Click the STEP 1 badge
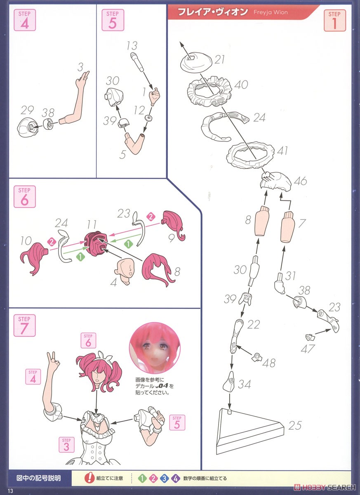(x=334, y=20)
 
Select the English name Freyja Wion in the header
(x=271, y=12)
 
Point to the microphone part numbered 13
(x=137, y=62)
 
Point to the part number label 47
(x=308, y=349)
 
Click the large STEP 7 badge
(x=24, y=325)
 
